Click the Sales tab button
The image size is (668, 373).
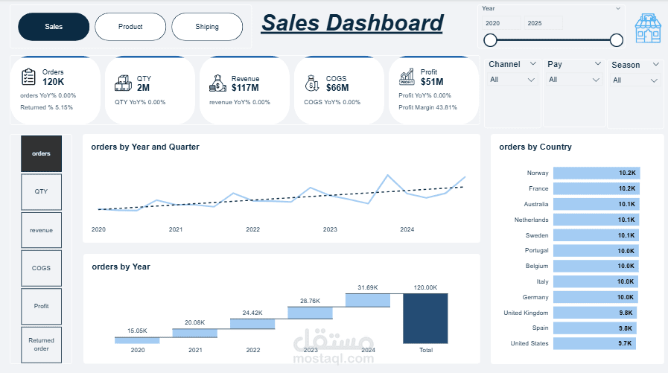point(54,27)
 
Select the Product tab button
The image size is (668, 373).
point(130,27)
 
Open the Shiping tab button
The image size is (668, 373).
point(207,27)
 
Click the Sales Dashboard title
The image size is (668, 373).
point(352,23)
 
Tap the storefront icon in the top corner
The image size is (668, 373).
point(648,28)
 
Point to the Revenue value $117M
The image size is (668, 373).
point(245,88)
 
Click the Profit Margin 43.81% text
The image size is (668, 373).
point(427,107)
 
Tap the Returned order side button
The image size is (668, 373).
point(42,345)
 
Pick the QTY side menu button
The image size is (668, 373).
point(42,191)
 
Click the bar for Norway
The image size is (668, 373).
point(596,173)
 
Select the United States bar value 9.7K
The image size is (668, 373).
point(626,343)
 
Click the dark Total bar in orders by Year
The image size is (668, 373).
point(425,318)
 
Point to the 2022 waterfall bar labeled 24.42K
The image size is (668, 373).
point(252,323)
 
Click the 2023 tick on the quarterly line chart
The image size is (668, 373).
point(330,230)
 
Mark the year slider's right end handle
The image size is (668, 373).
point(616,40)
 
